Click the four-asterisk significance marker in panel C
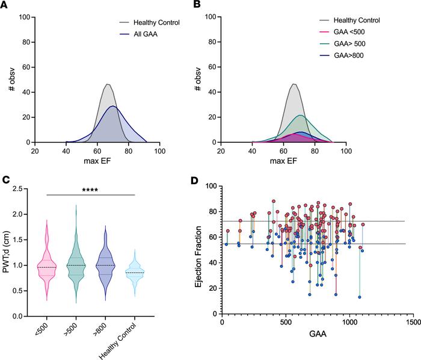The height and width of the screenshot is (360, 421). pos(90,190)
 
